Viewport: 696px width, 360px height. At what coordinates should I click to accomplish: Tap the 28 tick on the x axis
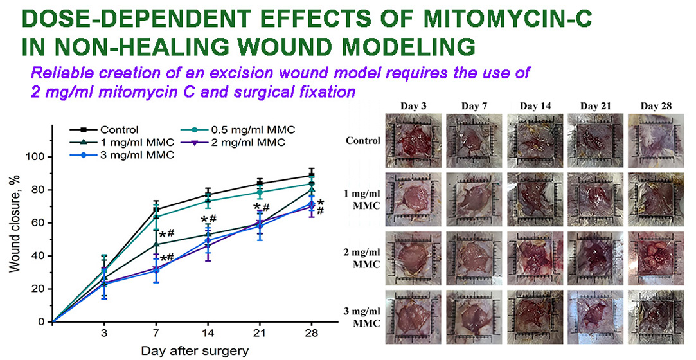311,334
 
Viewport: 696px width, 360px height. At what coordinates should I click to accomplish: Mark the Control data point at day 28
311,175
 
